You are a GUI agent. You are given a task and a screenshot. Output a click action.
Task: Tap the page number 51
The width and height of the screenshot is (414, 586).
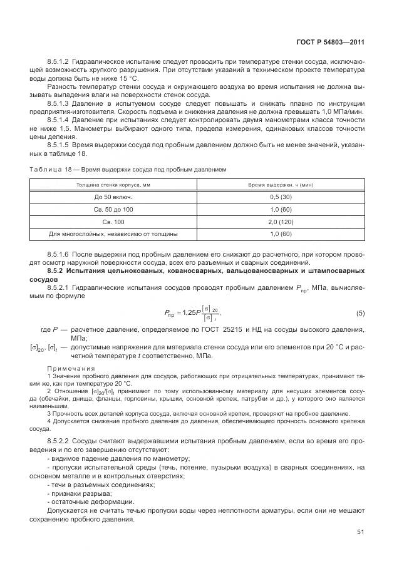pyautogui.click(x=361, y=532)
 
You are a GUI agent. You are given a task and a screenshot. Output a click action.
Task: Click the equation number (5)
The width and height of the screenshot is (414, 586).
pyautogui.click(x=360, y=312)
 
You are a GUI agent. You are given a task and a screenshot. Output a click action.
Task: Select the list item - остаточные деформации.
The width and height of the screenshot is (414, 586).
pyautogui.click(x=81, y=502)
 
